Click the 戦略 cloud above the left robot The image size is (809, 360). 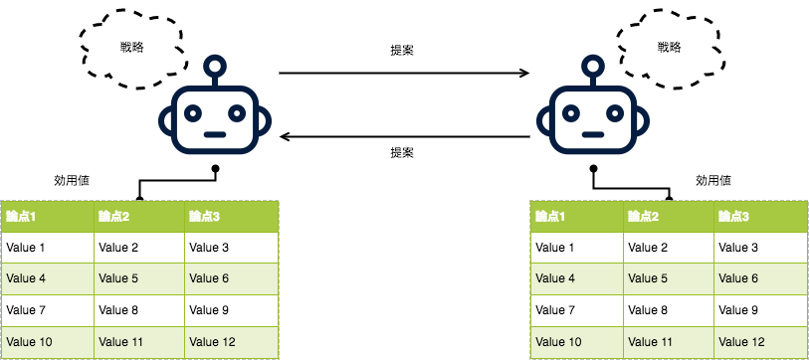[x=130, y=46]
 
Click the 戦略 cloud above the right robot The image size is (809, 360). [x=669, y=46]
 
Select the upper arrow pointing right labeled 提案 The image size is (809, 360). [x=403, y=73]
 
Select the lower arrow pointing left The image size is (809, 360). [x=403, y=134]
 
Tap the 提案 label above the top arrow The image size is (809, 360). [x=402, y=50]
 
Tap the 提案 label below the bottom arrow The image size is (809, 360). [x=402, y=153]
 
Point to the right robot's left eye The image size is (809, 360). [x=573, y=111]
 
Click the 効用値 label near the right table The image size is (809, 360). [x=712, y=181]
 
